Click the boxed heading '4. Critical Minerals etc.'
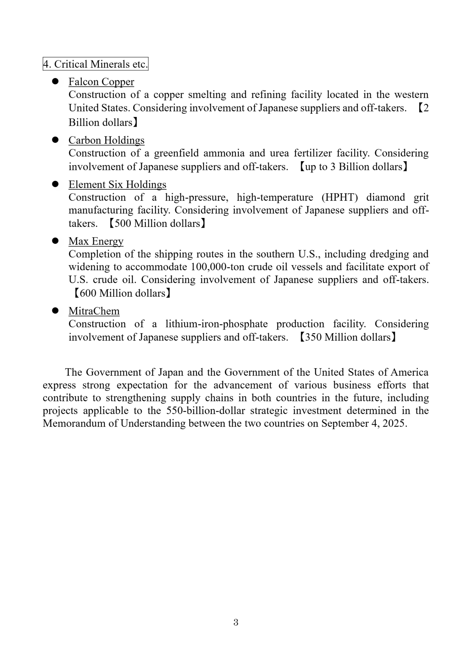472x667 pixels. (x=95, y=64)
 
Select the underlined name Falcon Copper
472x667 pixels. (x=101, y=82)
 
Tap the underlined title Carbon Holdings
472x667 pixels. (x=106, y=140)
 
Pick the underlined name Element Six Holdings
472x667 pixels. (x=117, y=185)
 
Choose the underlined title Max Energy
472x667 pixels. (x=96, y=241)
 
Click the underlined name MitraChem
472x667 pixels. (x=94, y=311)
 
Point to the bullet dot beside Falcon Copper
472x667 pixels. (x=55, y=82)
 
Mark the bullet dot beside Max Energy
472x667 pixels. (x=55, y=241)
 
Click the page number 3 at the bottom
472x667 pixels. (x=236, y=622)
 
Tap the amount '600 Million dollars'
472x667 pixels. (x=122, y=293)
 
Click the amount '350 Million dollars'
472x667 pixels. (x=348, y=337)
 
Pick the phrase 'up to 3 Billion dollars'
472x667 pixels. (x=353, y=167)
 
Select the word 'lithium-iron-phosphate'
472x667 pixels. (x=216, y=324)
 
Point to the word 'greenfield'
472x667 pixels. (x=176, y=153)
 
